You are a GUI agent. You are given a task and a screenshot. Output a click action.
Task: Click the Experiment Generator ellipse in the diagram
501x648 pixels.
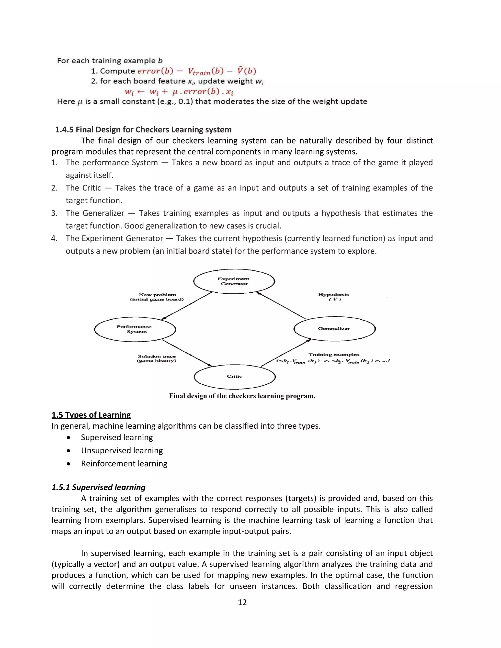pos(234,281)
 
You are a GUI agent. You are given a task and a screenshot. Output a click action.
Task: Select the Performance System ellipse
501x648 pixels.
pos(135,329)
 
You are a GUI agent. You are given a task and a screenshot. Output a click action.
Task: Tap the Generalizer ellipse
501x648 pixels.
pos(334,328)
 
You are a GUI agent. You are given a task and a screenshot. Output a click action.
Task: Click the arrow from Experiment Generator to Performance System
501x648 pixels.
pos(187,306)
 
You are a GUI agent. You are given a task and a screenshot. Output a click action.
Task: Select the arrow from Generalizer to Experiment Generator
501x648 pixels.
pos(281,306)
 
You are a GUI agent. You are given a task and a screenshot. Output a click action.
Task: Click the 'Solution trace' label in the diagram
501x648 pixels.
pos(157,358)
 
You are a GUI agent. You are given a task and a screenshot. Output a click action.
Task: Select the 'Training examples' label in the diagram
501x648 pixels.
pos(334,355)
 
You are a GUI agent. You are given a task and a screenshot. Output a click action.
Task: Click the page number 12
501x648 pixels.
pos(242,602)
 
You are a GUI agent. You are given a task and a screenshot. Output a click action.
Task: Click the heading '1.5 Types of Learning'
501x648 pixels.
pos(91,415)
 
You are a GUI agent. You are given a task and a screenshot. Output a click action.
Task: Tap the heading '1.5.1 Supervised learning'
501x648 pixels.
pos(99,487)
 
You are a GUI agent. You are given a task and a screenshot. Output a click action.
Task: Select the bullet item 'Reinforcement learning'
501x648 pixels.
pos(124,463)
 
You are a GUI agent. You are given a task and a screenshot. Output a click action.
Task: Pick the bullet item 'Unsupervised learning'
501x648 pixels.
pos(122,450)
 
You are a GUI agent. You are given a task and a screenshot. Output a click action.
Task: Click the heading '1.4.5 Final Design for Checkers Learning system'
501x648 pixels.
pos(143,130)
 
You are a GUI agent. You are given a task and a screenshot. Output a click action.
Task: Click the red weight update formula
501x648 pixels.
pos(179,92)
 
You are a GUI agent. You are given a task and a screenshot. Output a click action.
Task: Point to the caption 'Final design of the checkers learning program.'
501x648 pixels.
pos(242,396)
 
